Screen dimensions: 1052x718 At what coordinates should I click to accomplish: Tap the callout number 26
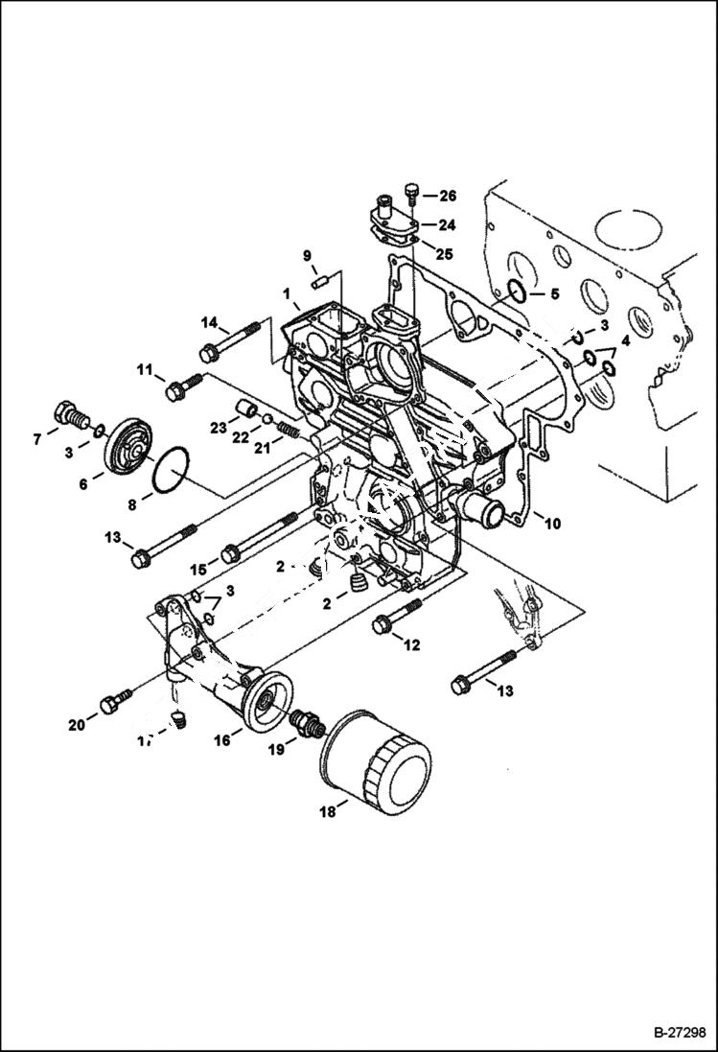tap(448, 196)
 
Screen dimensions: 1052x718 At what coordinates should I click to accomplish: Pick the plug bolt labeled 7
tap(73, 415)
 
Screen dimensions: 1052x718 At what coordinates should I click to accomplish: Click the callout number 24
tap(447, 225)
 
